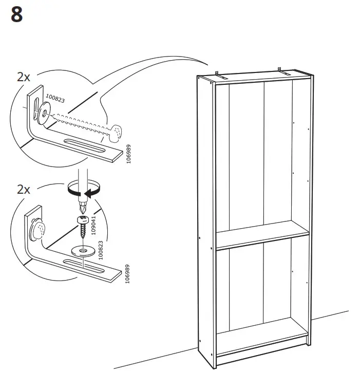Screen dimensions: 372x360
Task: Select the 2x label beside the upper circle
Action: [x=23, y=77]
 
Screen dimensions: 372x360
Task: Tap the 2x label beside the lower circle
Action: [x=23, y=190]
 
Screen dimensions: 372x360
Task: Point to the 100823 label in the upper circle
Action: [x=55, y=98]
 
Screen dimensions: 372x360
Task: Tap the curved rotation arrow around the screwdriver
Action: [x=83, y=192]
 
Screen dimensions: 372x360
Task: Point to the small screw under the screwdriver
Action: [x=82, y=225]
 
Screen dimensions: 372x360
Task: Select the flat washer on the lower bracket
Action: [x=81, y=251]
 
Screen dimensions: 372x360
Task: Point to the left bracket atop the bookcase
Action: [x=218, y=74]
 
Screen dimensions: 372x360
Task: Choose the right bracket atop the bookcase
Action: [x=279, y=69]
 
